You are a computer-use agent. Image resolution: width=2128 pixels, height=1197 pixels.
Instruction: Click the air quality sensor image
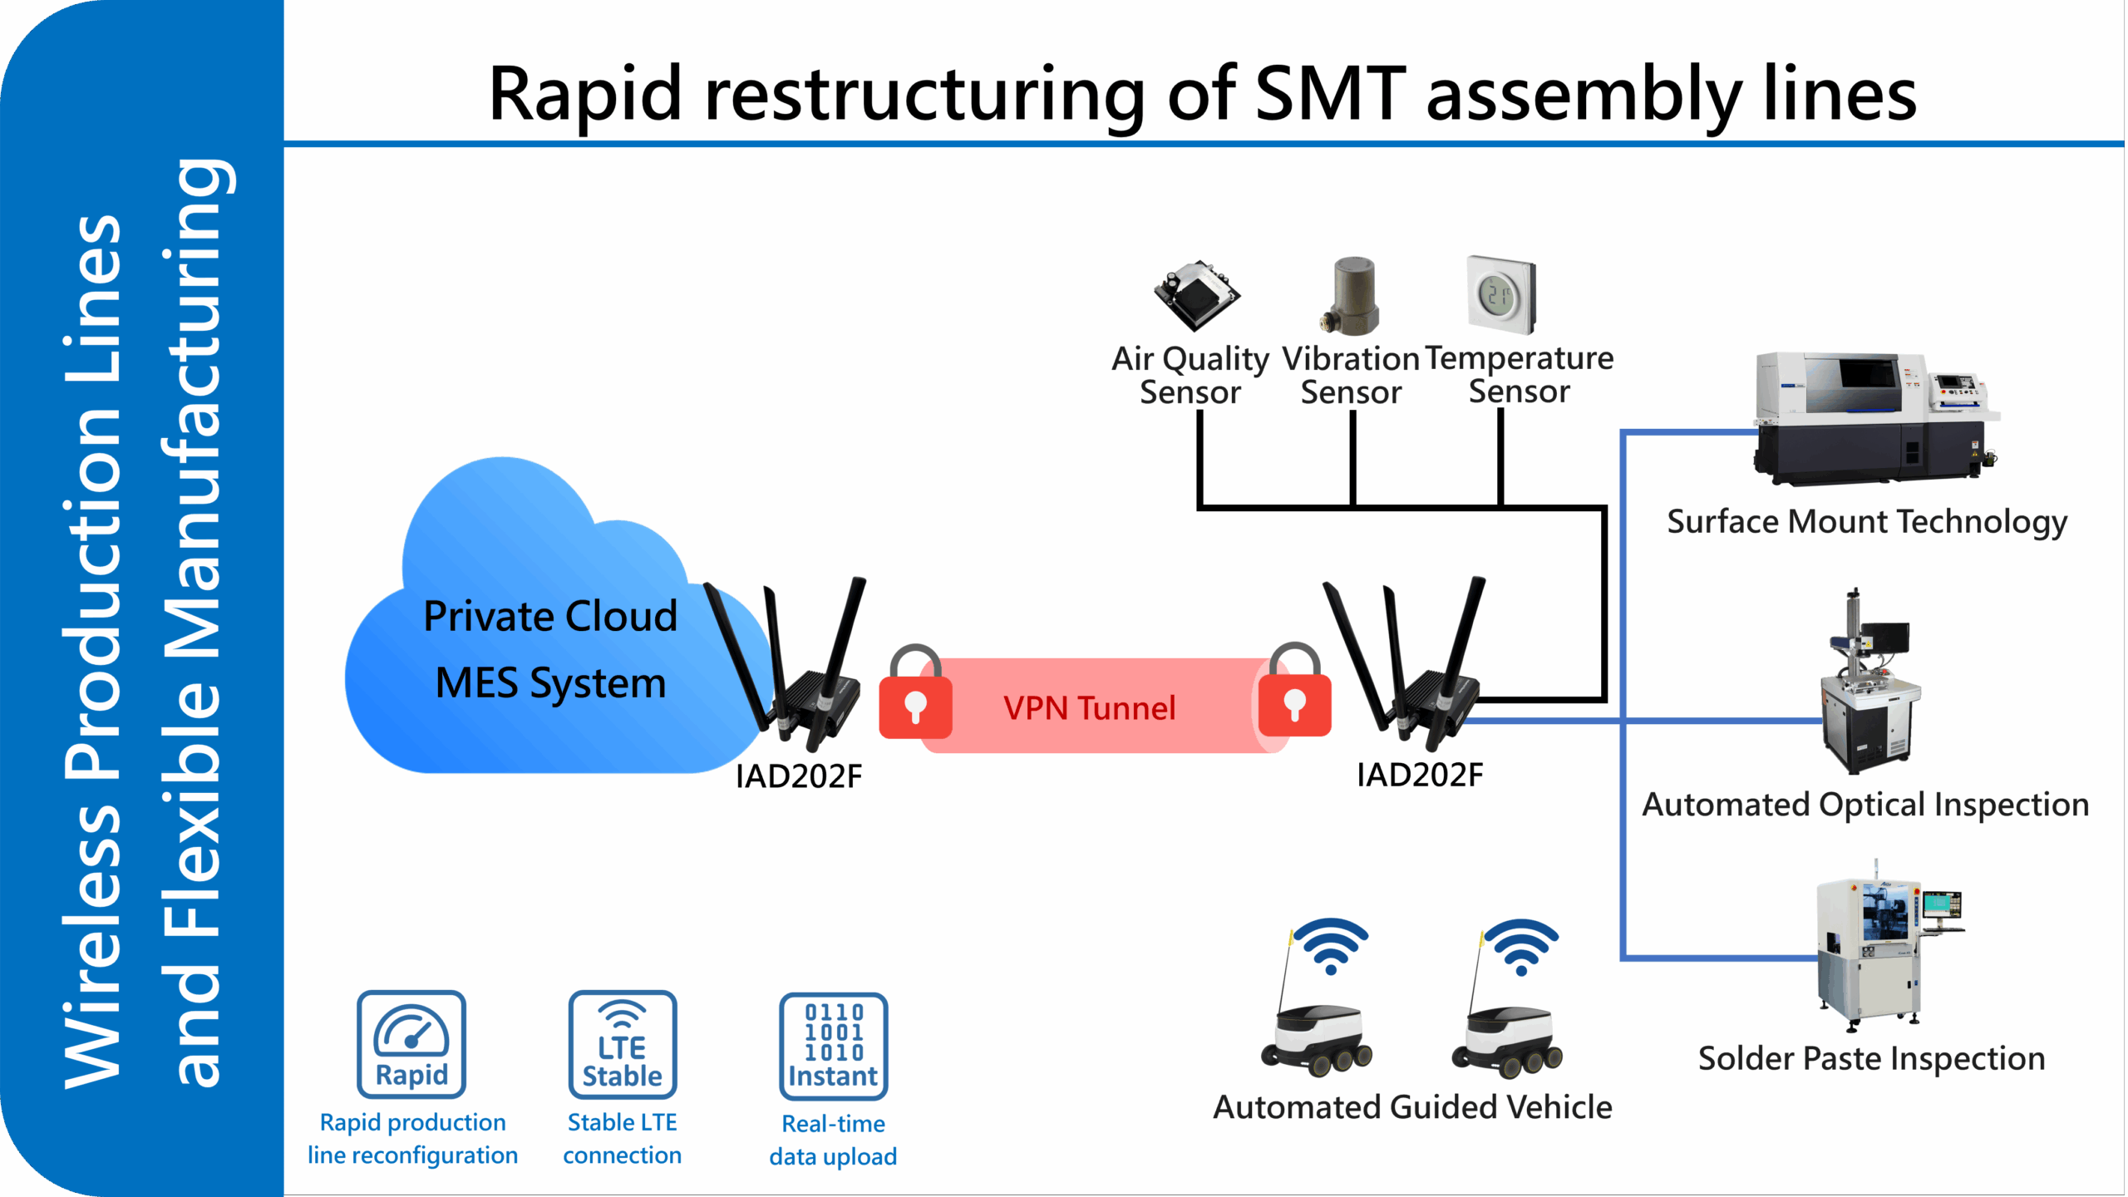tap(1196, 295)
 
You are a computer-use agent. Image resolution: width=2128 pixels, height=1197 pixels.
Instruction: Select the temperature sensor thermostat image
tap(1501, 295)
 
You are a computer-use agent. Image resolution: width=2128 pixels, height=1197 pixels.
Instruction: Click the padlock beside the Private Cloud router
tap(915, 693)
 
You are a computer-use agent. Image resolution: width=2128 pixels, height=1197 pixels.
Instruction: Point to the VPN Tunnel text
tap(1089, 708)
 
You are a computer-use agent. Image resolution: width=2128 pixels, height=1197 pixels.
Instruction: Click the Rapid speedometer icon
tap(411, 1044)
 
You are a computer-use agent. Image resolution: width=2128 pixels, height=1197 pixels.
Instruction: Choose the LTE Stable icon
tap(623, 1044)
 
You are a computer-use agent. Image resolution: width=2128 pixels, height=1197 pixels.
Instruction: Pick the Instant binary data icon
tap(833, 1046)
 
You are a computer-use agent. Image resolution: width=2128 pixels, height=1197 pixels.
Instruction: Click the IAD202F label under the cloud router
tap(799, 776)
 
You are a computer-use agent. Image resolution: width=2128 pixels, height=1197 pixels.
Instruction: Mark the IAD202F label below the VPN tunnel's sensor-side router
tap(1420, 775)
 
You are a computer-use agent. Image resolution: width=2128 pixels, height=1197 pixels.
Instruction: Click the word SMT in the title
tap(1330, 93)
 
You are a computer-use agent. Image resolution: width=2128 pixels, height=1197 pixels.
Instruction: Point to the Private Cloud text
tap(550, 617)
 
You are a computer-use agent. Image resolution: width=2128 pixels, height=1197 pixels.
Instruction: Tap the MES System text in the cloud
tap(550, 683)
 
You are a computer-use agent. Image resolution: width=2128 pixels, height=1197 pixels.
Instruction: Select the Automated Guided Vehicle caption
tap(1412, 1107)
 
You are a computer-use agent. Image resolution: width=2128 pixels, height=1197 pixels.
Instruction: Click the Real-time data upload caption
tap(833, 1140)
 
